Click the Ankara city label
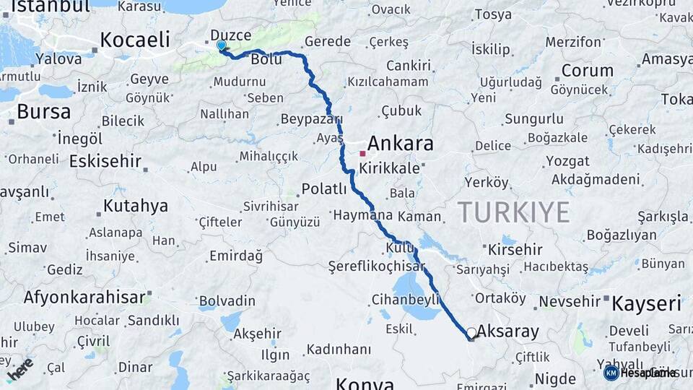coord(400,143)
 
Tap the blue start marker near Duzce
coord(221,45)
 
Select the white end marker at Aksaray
coord(471,333)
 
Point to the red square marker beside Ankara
coord(362,153)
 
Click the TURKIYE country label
coord(513,212)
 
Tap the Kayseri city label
coord(646,303)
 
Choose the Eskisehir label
coord(105,161)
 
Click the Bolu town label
coord(266,59)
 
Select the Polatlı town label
coord(324,189)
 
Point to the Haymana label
coord(362,215)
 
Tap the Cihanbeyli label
coord(406,299)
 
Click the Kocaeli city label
coord(134,40)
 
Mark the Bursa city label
coord(43,112)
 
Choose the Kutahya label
coord(135,206)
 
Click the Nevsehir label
coord(570,301)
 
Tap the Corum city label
coord(587,71)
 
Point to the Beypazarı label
coord(311,118)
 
